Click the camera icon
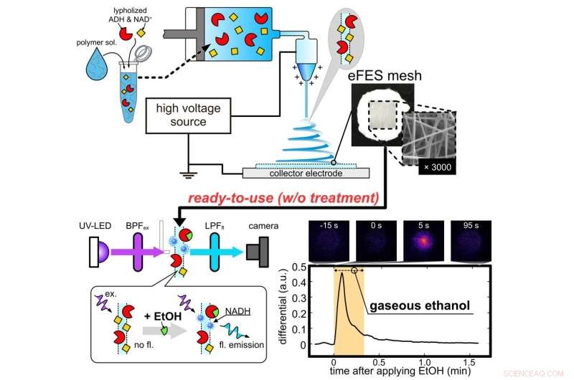[263, 253]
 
